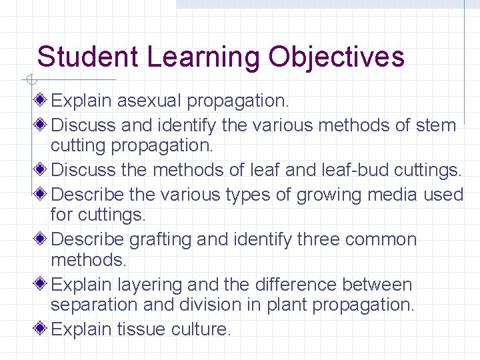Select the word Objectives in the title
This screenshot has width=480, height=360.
click(336, 58)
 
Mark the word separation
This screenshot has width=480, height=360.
click(95, 305)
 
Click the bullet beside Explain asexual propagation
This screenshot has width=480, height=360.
click(42, 101)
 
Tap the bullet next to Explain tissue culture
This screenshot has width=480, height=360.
click(42, 329)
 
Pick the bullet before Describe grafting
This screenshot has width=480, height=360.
click(42, 239)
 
